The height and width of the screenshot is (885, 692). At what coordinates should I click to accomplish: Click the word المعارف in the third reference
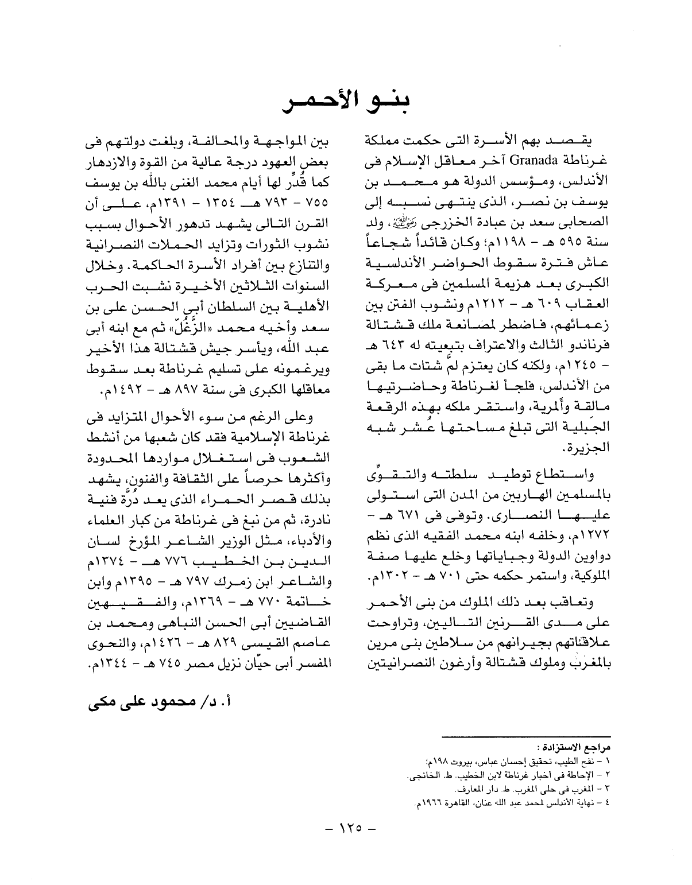[476, 790]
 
